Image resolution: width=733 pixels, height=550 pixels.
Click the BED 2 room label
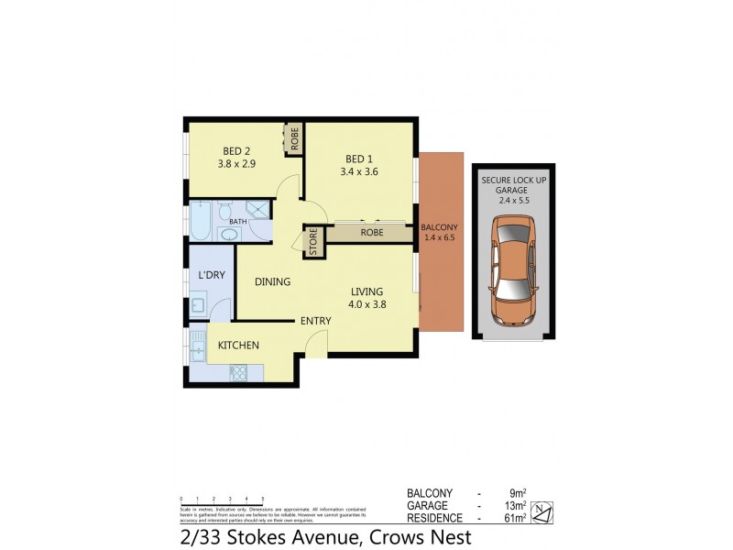(x=235, y=151)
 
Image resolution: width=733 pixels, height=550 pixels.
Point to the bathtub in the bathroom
(x=201, y=221)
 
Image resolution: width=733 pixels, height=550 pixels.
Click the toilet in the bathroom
(x=224, y=214)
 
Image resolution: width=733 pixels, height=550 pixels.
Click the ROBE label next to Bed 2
(x=294, y=138)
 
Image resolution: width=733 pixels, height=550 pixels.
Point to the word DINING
(x=272, y=282)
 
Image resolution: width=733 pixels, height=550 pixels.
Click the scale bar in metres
(x=222, y=499)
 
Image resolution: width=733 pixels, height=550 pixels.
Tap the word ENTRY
(x=315, y=320)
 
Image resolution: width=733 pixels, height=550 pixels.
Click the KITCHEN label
(x=238, y=346)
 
